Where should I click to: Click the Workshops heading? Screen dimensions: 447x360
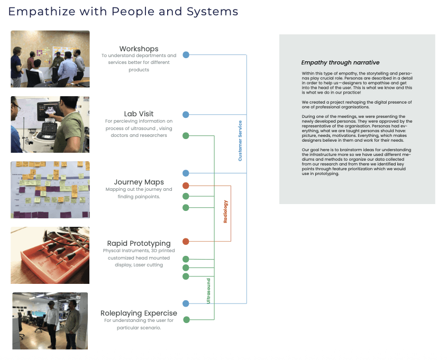[x=139, y=49]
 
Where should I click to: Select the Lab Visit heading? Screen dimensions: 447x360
[x=139, y=114]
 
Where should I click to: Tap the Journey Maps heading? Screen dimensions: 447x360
[x=139, y=182]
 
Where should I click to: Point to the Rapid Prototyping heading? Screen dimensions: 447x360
[x=139, y=243]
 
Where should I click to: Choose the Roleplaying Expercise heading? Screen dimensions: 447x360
[x=139, y=313]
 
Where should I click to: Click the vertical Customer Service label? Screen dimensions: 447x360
[x=240, y=141]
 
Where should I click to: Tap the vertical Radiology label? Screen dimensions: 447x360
[x=225, y=211]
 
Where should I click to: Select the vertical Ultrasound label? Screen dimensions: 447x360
[x=208, y=291]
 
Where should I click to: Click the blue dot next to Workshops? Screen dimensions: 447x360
[x=186, y=54]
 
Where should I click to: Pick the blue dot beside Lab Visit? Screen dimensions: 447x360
[x=186, y=115]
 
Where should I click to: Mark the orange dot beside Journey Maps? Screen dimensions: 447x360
[x=186, y=186]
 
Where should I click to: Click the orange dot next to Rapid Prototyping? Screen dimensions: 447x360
[x=186, y=242]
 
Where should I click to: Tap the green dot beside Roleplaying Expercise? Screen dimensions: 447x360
[x=186, y=319]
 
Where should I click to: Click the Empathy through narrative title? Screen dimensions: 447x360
[x=340, y=62]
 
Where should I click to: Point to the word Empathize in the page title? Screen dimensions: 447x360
[x=42, y=12]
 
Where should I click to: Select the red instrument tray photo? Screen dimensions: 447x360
[x=50, y=255]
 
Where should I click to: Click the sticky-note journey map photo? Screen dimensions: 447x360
[x=50, y=190]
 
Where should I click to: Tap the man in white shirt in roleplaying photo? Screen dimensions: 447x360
[x=52, y=325]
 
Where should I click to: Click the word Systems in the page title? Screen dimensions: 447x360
[x=212, y=12]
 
